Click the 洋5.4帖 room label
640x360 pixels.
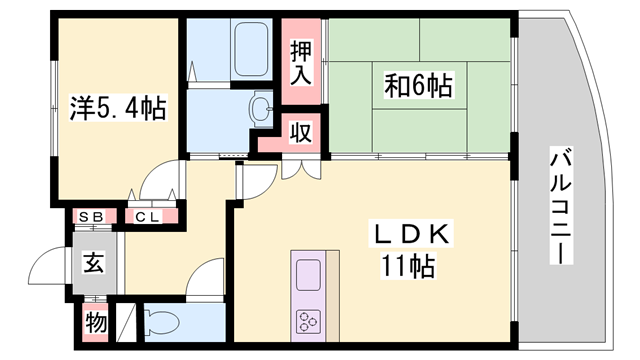(117, 107)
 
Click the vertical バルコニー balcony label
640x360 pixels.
(561, 206)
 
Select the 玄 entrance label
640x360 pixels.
(93, 264)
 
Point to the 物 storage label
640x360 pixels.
(95, 324)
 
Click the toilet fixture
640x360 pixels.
(160, 323)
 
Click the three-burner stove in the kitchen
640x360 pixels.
(307, 321)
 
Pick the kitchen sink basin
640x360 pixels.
(307, 275)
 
